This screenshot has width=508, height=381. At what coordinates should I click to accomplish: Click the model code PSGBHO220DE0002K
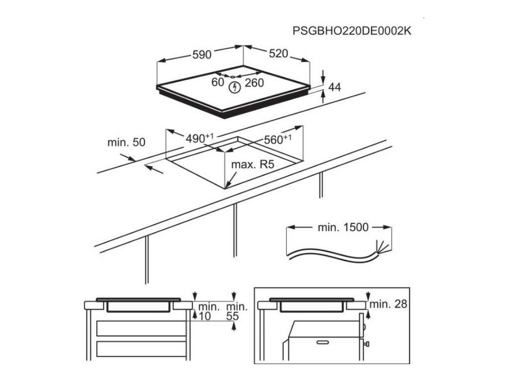(352, 31)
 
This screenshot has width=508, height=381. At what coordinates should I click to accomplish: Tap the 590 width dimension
(202, 55)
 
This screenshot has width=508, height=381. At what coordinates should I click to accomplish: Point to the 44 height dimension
(335, 87)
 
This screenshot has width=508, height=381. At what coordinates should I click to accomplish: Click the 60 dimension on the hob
(218, 82)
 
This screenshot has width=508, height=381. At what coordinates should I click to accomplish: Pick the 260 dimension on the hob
(254, 83)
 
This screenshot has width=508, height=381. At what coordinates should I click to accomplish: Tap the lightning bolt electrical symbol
(235, 88)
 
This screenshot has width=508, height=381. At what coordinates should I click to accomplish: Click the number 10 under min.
(205, 316)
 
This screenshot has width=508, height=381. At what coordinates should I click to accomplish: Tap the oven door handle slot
(322, 342)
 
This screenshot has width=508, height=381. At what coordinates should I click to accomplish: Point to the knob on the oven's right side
(368, 343)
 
